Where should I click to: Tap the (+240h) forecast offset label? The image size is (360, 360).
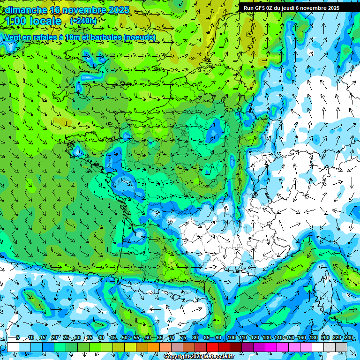click(83, 21)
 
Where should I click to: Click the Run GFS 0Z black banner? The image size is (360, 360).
click(296, 8)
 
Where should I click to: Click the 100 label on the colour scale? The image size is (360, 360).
click(232, 337)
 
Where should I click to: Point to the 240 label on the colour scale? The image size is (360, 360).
click(348, 337)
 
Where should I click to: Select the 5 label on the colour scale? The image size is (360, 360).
click(18, 337)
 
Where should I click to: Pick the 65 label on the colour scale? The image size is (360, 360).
click(159, 337)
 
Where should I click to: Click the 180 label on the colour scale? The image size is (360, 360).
click(313, 337)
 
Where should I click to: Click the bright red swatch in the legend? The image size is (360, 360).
click(212, 347)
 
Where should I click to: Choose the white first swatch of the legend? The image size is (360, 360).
click(13, 347)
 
